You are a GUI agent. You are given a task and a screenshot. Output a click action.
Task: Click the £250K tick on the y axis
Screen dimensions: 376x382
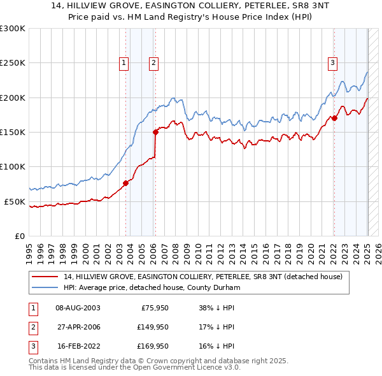click(x=13, y=63)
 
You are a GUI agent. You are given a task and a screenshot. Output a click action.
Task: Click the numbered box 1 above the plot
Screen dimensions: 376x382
click(x=124, y=62)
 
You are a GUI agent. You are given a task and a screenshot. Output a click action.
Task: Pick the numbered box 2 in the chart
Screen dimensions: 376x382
click(x=154, y=62)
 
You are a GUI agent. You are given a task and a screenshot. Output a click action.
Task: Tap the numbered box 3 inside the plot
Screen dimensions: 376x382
click(x=333, y=62)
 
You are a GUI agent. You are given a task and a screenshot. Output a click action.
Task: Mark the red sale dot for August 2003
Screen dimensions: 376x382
click(x=126, y=184)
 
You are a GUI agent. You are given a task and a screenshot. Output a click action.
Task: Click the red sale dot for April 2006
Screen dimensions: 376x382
click(x=155, y=133)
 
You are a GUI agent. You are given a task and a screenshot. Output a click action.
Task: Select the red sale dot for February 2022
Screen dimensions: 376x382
click(x=334, y=119)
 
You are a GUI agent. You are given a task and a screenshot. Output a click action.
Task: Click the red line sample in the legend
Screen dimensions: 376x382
click(x=46, y=277)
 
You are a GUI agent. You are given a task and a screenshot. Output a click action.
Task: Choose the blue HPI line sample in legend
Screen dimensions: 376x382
click(x=46, y=287)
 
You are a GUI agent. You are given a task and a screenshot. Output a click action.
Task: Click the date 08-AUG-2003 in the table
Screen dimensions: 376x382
click(x=78, y=307)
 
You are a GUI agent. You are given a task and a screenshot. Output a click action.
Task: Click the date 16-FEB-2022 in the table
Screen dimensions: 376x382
click(x=78, y=347)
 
